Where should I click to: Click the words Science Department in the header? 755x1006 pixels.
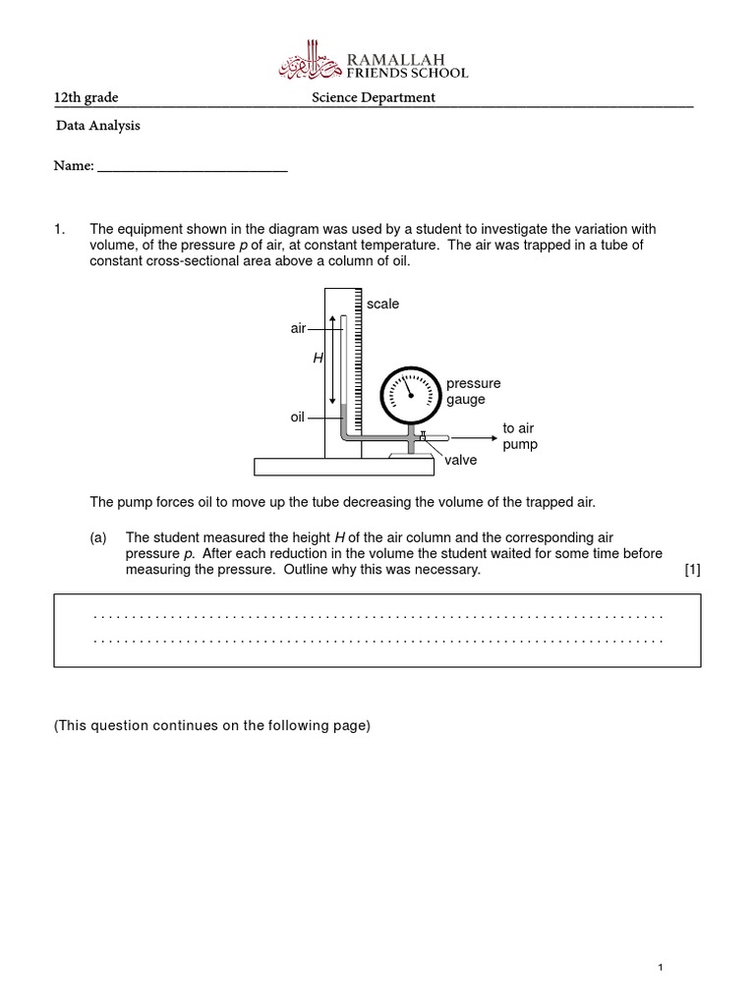pos(373,97)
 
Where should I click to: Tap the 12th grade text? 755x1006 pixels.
pos(86,97)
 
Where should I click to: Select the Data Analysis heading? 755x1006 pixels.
pos(97,126)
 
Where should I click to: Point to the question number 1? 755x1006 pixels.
pos(58,229)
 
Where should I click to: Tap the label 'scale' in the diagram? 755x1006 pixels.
pos(382,305)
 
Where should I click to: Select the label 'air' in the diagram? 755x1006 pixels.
pos(298,329)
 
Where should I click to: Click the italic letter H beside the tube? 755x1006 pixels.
pos(318,360)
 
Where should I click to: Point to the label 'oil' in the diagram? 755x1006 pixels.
pos(298,418)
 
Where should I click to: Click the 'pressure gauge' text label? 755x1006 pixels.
pos(473,392)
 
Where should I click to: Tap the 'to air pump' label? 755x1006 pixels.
pos(519,436)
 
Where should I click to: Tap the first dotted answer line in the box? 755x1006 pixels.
pos(377,616)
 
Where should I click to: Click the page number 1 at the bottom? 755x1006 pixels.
pos(662,969)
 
